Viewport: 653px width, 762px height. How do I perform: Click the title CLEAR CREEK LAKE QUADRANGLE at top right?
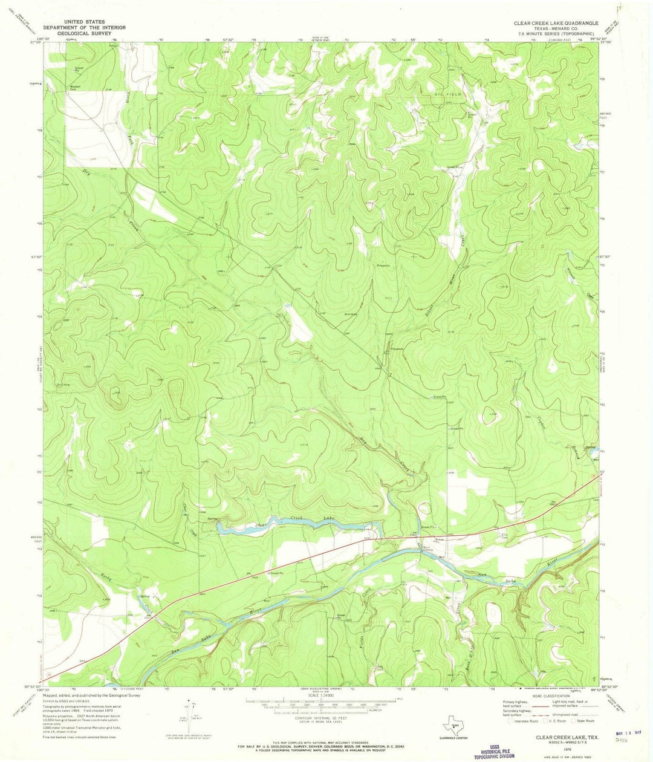(556, 22)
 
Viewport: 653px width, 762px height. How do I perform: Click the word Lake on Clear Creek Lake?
(329, 518)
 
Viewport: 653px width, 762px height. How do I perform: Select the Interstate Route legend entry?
(526, 721)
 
